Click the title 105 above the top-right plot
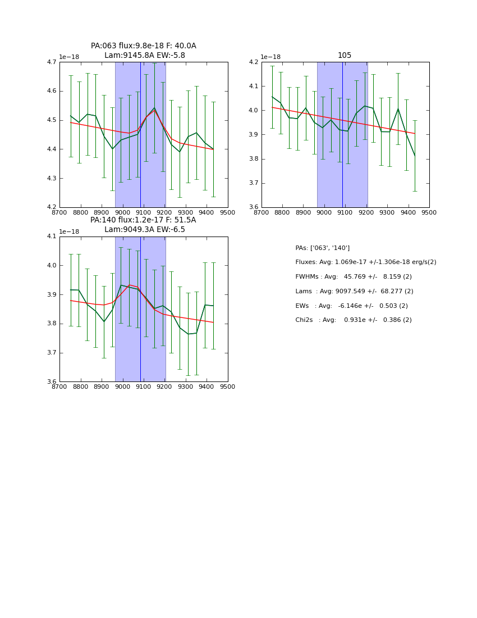(x=345, y=56)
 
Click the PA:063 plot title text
(x=144, y=46)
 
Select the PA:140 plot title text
(x=144, y=220)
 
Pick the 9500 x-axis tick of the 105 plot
(x=429, y=212)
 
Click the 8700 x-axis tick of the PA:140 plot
(x=59, y=387)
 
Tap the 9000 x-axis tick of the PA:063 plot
(x=122, y=212)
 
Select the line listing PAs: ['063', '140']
(x=323, y=248)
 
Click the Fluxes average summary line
(x=366, y=262)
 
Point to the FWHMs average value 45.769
(x=355, y=277)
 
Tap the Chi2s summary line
(x=354, y=320)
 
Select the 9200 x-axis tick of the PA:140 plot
(x=164, y=387)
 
